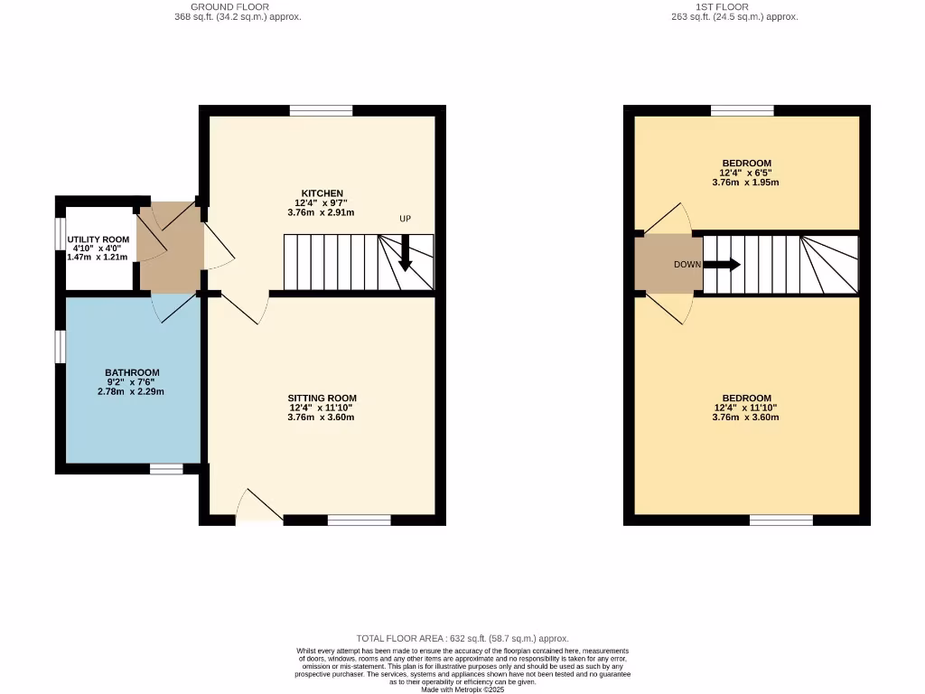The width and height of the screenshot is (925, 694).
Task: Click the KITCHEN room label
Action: [x=322, y=193]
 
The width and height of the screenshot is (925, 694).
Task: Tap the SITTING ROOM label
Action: [x=322, y=398]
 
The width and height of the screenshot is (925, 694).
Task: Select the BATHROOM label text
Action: [x=132, y=372]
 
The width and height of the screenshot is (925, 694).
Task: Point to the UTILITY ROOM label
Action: [x=98, y=239]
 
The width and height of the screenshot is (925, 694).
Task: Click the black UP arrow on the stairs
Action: [x=405, y=253]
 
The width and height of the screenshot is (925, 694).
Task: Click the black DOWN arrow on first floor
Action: [x=722, y=265]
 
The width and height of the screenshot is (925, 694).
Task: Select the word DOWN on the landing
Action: [x=687, y=265]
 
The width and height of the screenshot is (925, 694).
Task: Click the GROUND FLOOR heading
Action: [x=229, y=6]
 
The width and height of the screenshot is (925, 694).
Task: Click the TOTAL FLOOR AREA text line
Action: [x=462, y=638]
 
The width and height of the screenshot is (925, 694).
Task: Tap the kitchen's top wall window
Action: [x=321, y=110]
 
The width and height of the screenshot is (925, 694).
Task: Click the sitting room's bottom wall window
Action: [x=359, y=520]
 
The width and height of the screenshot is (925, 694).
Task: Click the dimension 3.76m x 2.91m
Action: [x=321, y=213]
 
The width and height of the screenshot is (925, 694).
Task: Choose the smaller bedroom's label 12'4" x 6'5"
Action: [x=746, y=173]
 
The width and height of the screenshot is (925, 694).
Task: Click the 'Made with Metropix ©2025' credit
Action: [x=462, y=689]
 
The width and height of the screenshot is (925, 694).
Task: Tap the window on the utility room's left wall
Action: [x=61, y=243]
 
